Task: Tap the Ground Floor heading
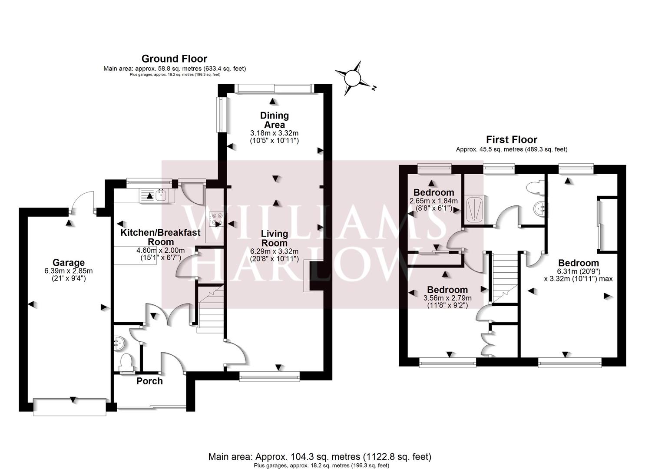pyautogui.click(x=174, y=59)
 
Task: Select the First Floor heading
pyautogui.click(x=511, y=139)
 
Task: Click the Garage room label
pyautogui.click(x=69, y=262)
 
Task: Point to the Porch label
pyautogui.click(x=149, y=381)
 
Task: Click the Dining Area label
pyautogui.click(x=274, y=120)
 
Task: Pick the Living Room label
pyautogui.click(x=274, y=238)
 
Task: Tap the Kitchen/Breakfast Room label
pyautogui.click(x=160, y=237)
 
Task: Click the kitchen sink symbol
pyautogui.click(x=156, y=196)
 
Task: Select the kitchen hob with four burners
pyautogui.click(x=216, y=219)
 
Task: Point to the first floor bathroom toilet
pyautogui.click(x=533, y=187)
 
